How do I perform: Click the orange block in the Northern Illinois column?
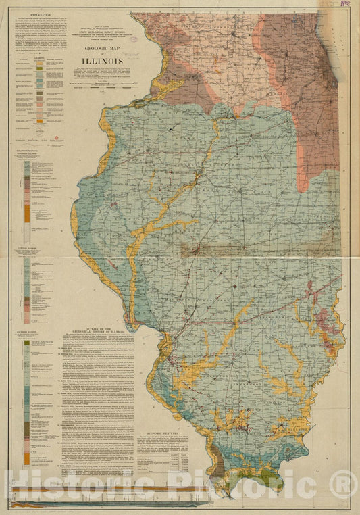[27, 214]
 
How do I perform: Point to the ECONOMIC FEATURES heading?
[163, 431]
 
